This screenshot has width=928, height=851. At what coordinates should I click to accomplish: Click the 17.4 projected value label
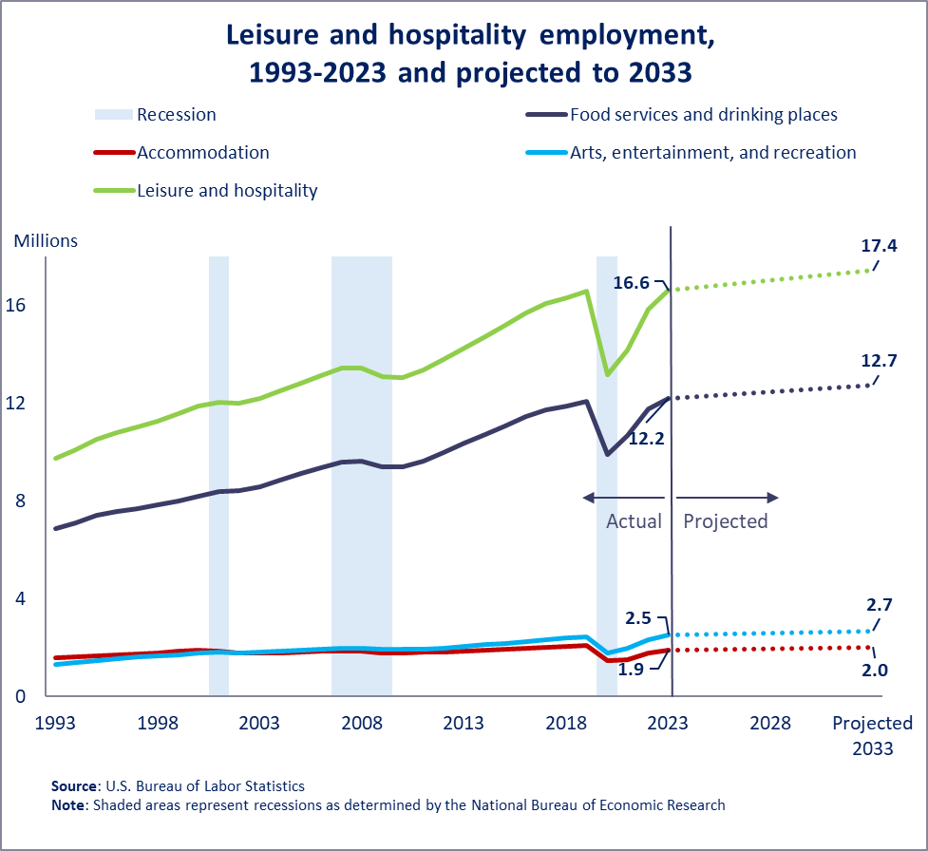click(x=880, y=246)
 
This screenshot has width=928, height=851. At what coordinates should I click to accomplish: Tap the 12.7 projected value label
click(x=880, y=360)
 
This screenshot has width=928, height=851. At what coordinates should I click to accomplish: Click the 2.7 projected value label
click(x=880, y=604)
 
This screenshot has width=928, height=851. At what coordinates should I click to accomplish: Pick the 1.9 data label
click(x=633, y=670)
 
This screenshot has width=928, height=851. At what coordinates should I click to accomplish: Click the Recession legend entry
click(x=176, y=115)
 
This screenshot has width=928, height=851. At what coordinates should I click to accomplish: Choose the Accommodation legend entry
click(x=202, y=153)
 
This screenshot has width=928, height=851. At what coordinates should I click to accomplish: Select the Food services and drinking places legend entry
click(x=703, y=115)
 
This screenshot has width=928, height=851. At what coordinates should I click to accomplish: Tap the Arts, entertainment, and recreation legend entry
click(x=712, y=153)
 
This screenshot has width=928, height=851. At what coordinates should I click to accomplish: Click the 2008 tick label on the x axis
click(x=361, y=723)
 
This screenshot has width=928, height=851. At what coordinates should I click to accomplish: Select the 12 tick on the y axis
click(x=26, y=403)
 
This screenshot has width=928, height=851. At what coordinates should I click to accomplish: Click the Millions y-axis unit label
click(x=46, y=240)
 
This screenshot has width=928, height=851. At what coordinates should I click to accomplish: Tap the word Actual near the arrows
click(x=634, y=521)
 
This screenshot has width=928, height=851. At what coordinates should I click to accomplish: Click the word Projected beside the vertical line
click(x=725, y=521)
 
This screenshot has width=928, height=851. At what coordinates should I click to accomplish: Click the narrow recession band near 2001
click(x=218, y=475)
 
